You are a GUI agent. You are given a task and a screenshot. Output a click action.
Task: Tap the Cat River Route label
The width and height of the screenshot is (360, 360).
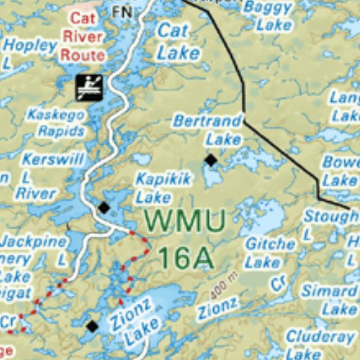click(83, 36)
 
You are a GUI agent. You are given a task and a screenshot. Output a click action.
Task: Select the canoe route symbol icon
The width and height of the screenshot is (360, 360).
click(89, 86)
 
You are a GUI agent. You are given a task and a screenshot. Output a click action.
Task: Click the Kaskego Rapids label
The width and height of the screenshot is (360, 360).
click(56, 122)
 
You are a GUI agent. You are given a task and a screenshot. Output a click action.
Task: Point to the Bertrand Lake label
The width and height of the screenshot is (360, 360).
click(207, 129)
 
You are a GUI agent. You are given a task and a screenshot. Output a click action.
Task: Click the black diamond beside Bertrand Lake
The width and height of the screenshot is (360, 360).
click(210, 160)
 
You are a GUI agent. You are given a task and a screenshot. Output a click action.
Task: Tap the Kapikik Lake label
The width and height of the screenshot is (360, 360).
click(162, 188)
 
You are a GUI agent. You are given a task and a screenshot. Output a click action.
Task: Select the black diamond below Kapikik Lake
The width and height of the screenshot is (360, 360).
click(104, 207)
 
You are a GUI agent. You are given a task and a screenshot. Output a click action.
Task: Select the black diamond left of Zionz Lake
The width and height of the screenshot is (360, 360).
click(92, 326)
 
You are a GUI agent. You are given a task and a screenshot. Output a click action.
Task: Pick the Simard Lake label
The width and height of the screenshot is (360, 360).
click(329, 300)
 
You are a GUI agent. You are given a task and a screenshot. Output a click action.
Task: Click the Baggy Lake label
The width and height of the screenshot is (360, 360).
click(267, 15)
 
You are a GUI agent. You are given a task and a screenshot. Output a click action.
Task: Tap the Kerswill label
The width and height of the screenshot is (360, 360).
click(53, 160)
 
